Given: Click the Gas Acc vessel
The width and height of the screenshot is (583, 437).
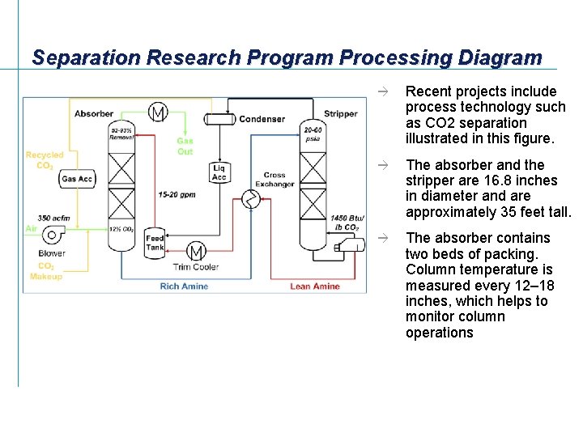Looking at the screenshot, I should [x=78, y=179].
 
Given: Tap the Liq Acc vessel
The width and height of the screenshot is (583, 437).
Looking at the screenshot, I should [x=219, y=172].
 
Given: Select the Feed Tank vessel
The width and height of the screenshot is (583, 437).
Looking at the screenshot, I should [x=155, y=243].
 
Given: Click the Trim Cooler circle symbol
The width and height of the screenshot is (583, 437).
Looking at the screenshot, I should [x=196, y=251].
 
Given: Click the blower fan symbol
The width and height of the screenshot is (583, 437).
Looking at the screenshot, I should [x=53, y=235].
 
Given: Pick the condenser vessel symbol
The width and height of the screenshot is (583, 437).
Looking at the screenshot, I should [x=218, y=119].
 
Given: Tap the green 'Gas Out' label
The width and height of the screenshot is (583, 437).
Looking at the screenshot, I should [x=185, y=146].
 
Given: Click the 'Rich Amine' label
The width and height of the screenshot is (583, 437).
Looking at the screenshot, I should [x=184, y=286].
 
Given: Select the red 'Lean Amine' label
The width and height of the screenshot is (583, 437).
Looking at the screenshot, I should [x=315, y=286].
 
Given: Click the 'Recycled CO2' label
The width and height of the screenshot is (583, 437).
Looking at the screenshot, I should [x=45, y=160].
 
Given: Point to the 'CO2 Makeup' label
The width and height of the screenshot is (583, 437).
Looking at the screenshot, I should [x=46, y=271].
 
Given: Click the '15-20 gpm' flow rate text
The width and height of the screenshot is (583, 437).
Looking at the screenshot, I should [x=177, y=194].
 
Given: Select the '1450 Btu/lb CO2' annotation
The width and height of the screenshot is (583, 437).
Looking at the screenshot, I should [x=347, y=222].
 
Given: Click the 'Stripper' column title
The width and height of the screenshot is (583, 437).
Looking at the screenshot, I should [x=340, y=113].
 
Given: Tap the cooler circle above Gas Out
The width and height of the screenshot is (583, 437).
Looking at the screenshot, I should [x=158, y=112].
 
